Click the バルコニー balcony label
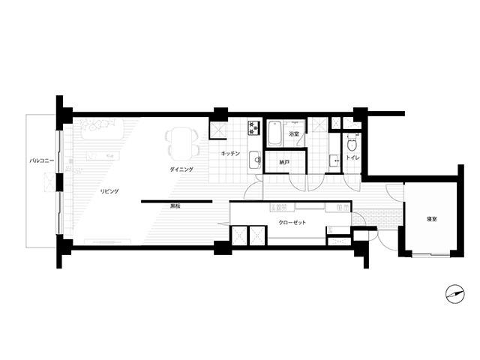pyautogui.click(x=42, y=160)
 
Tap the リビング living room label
pyautogui.click(x=109, y=192)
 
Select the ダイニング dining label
pyautogui.click(x=181, y=169)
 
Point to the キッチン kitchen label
pyautogui.click(x=230, y=153)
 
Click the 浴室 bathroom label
pyautogui.click(x=294, y=133)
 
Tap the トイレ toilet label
pyautogui.click(x=352, y=158)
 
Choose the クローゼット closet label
pyautogui.click(x=292, y=223)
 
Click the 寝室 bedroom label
pyautogui.click(x=432, y=219)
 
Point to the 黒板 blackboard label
pyautogui.click(x=175, y=206)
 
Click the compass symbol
pyautogui.click(x=455, y=294)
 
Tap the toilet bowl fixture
pyautogui.click(x=352, y=143)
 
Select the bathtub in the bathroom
pyautogui.click(x=274, y=133)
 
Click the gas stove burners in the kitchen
pyautogui.click(x=254, y=127)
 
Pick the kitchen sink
pyautogui.click(x=254, y=160)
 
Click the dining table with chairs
pyautogui.click(x=181, y=144)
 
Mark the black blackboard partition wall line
pyautogui.click(x=177, y=202)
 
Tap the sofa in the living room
pyautogui.click(x=102, y=130)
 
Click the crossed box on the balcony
pyautogui.click(x=50, y=182)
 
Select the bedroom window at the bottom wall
pyautogui.click(x=431, y=254)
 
